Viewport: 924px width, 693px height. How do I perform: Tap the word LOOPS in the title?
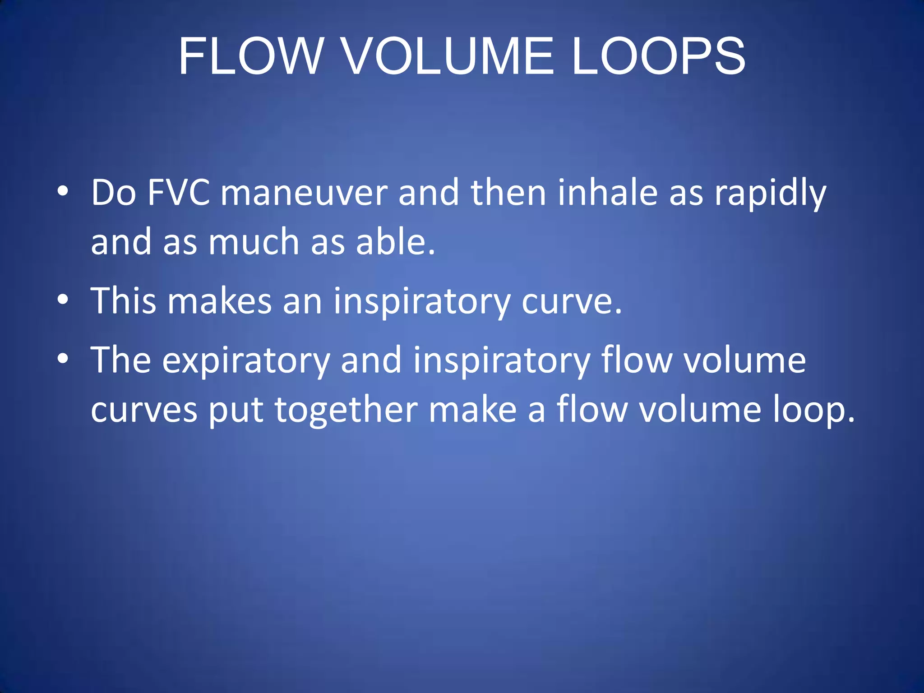tap(659, 56)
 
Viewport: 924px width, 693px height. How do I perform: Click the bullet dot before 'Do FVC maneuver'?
tap(63, 191)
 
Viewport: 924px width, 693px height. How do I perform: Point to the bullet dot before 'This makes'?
tap(63, 299)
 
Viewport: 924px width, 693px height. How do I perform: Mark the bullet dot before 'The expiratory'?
tap(63, 358)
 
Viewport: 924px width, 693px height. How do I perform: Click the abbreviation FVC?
tap(179, 193)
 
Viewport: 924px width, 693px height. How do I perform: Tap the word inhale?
tap(607, 193)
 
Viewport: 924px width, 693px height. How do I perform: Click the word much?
tap(254, 242)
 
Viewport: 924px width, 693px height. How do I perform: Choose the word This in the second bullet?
tap(124, 300)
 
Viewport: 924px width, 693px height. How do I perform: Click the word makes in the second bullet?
tap(220, 300)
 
